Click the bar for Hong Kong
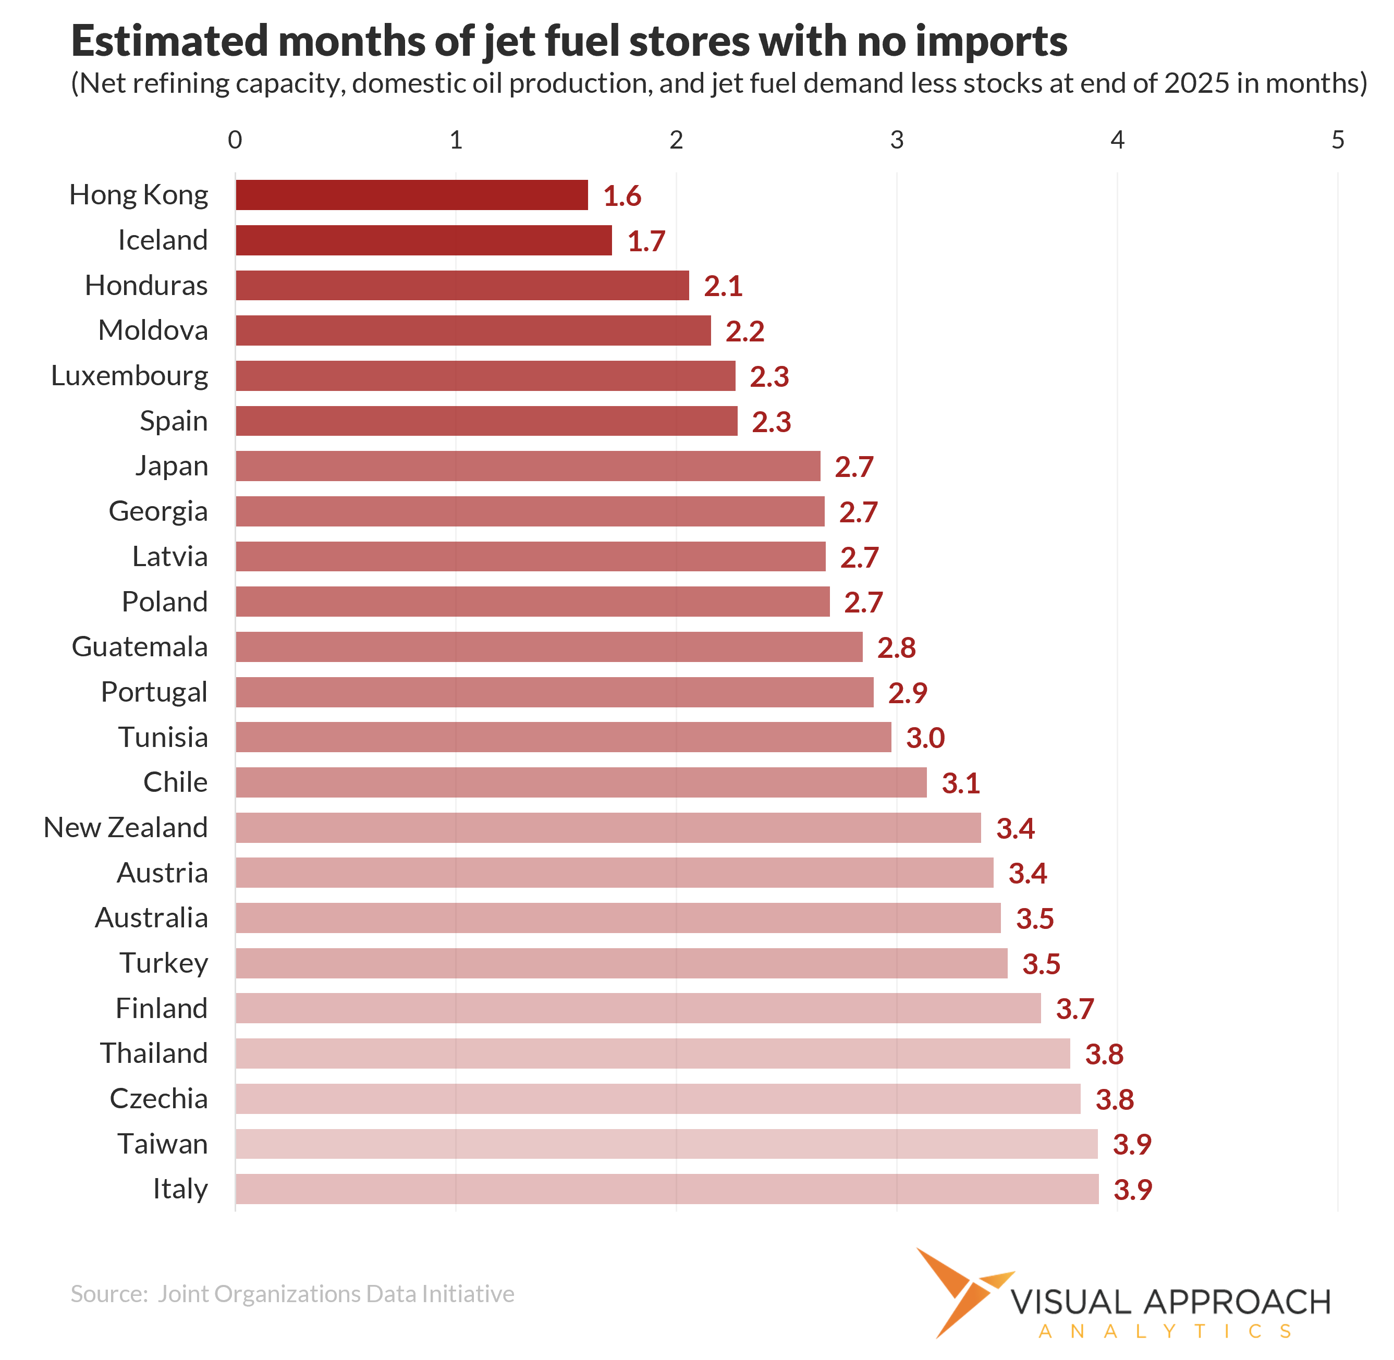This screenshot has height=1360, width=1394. point(411,195)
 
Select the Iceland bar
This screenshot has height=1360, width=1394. point(424,240)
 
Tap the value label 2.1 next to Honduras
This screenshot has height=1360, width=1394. point(723,286)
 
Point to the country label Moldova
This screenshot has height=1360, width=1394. point(153,330)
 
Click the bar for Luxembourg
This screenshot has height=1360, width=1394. point(485,376)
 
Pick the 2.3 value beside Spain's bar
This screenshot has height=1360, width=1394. point(771,421)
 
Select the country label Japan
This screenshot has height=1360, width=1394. point(172,465)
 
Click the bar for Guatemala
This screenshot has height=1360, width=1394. point(549,646)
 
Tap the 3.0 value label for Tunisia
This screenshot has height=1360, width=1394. point(925,737)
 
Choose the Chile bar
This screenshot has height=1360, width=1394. point(581,782)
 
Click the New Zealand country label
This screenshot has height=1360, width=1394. point(126,827)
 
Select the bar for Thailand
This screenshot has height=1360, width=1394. point(652,1053)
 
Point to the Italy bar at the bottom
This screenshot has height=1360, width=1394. point(667,1189)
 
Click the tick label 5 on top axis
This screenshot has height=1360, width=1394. point(1338,140)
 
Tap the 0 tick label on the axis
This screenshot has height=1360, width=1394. point(235,140)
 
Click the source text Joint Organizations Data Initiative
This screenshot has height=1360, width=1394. point(336,1294)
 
